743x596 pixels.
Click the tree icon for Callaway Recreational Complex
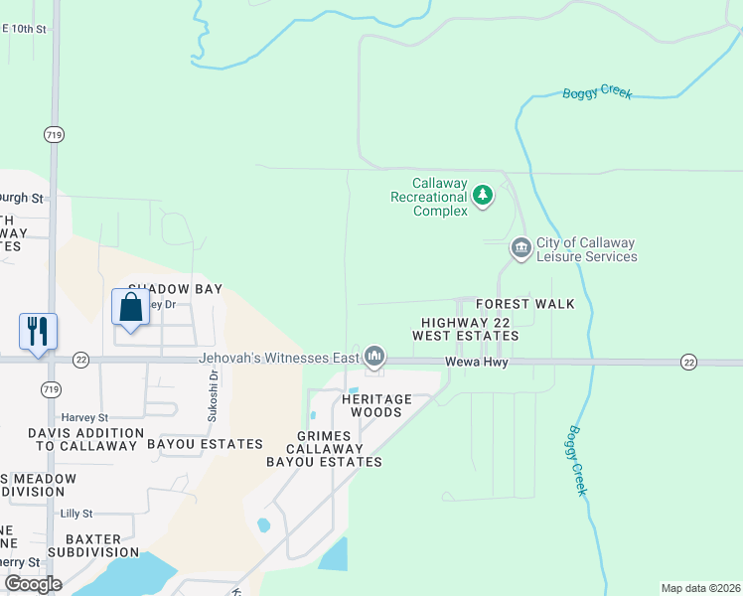483,195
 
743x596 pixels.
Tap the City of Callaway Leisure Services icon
520,247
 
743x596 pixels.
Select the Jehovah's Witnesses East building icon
374,356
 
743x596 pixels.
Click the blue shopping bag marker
130,307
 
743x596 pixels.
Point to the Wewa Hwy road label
476,363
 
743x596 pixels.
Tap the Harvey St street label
84,418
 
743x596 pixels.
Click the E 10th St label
24,30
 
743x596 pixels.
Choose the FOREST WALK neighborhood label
524,304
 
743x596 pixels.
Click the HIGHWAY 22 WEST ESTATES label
466,330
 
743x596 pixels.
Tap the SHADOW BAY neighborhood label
174,289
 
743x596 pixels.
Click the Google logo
33,584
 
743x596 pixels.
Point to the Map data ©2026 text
700,588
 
